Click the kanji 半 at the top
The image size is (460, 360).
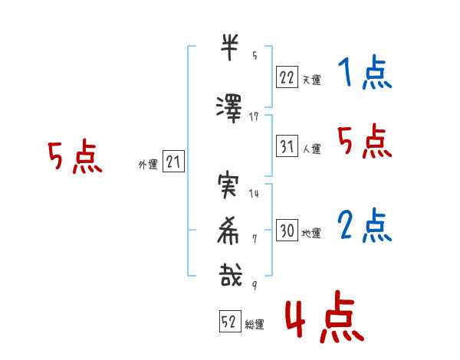click(x=229, y=47)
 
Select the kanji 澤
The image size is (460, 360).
click(x=229, y=109)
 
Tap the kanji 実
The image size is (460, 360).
click(x=228, y=185)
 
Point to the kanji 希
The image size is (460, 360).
click(x=228, y=231)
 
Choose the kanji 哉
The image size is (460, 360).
click(x=230, y=275)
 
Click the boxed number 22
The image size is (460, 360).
click(x=287, y=77)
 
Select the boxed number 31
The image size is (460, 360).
click(x=287, y=146)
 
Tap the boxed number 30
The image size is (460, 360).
click(x=287, y=230)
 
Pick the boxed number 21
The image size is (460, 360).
click(x=173, y=162)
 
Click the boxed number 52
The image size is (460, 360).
click(x=230, y=321)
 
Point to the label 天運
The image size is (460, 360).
click(x=311, y=80)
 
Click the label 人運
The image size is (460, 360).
click(x=311, y=149)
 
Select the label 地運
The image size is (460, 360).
click(x=311, y=234)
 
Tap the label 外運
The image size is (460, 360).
click(x=148, y=165)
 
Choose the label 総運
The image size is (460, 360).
click(x=255, y=325)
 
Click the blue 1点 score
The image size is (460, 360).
click(x=364, y=72)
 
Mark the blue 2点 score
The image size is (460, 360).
click(x=364, y=225)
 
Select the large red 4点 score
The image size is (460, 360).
click(x=324, y=316)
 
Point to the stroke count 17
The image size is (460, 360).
click(x=254, y=117)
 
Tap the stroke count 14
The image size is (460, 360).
click(x=254, y=194)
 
